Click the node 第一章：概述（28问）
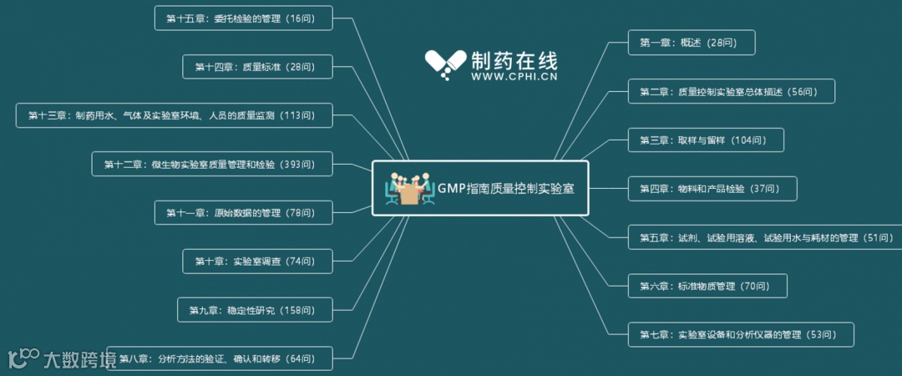[x=692, y=43]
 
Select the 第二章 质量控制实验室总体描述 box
[x=731, y=91]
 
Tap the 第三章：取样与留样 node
[x=706, y=140]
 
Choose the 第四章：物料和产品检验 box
[x=712, y=189]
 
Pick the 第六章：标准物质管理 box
[x=707, y=286]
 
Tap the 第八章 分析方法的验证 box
[x=220, y=358]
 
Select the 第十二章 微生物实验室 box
[x=212, y=164]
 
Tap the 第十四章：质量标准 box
[x=257, y=67]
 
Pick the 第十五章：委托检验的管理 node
[x=243, y=18]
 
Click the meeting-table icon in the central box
[x=408, y=189]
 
